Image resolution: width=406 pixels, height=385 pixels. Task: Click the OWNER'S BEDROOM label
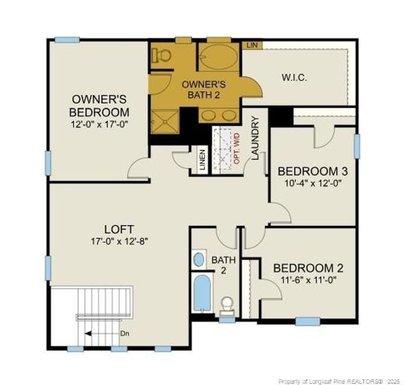tap(99, 106)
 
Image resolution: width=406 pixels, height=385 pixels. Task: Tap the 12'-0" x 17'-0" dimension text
tap(99, 124)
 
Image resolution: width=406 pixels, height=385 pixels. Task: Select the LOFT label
tap(119, 229)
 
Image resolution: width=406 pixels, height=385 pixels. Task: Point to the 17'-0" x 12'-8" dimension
tap(119, 241)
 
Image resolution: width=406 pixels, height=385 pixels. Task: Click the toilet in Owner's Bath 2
tap(162, 55)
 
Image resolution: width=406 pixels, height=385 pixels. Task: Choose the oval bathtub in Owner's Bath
tap(219, 56)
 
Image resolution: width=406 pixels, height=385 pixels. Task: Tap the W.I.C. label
tap(294, 78)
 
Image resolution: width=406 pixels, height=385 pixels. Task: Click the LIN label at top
tap(252, 45)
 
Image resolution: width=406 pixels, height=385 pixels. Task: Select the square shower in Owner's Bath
tap(165, 122)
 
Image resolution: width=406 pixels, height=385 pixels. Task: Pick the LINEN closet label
tap(203, 160)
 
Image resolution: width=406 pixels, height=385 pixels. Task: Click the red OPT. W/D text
tap(237, 148)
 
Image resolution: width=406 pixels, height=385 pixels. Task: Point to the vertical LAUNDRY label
tap(255, 138)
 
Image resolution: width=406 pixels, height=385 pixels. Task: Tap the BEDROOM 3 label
tap(312, 171)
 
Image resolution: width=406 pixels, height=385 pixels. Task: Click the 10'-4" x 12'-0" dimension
tap(313, 184)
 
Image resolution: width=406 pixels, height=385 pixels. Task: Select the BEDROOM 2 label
tap(309, 268)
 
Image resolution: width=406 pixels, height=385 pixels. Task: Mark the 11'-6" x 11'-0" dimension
tap(309, 280)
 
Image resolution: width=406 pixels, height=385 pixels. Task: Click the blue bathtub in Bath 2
tap(202, 293)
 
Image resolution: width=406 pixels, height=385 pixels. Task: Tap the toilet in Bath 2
tap(228, 305)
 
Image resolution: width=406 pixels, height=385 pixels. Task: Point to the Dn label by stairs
tap(124, 334)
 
